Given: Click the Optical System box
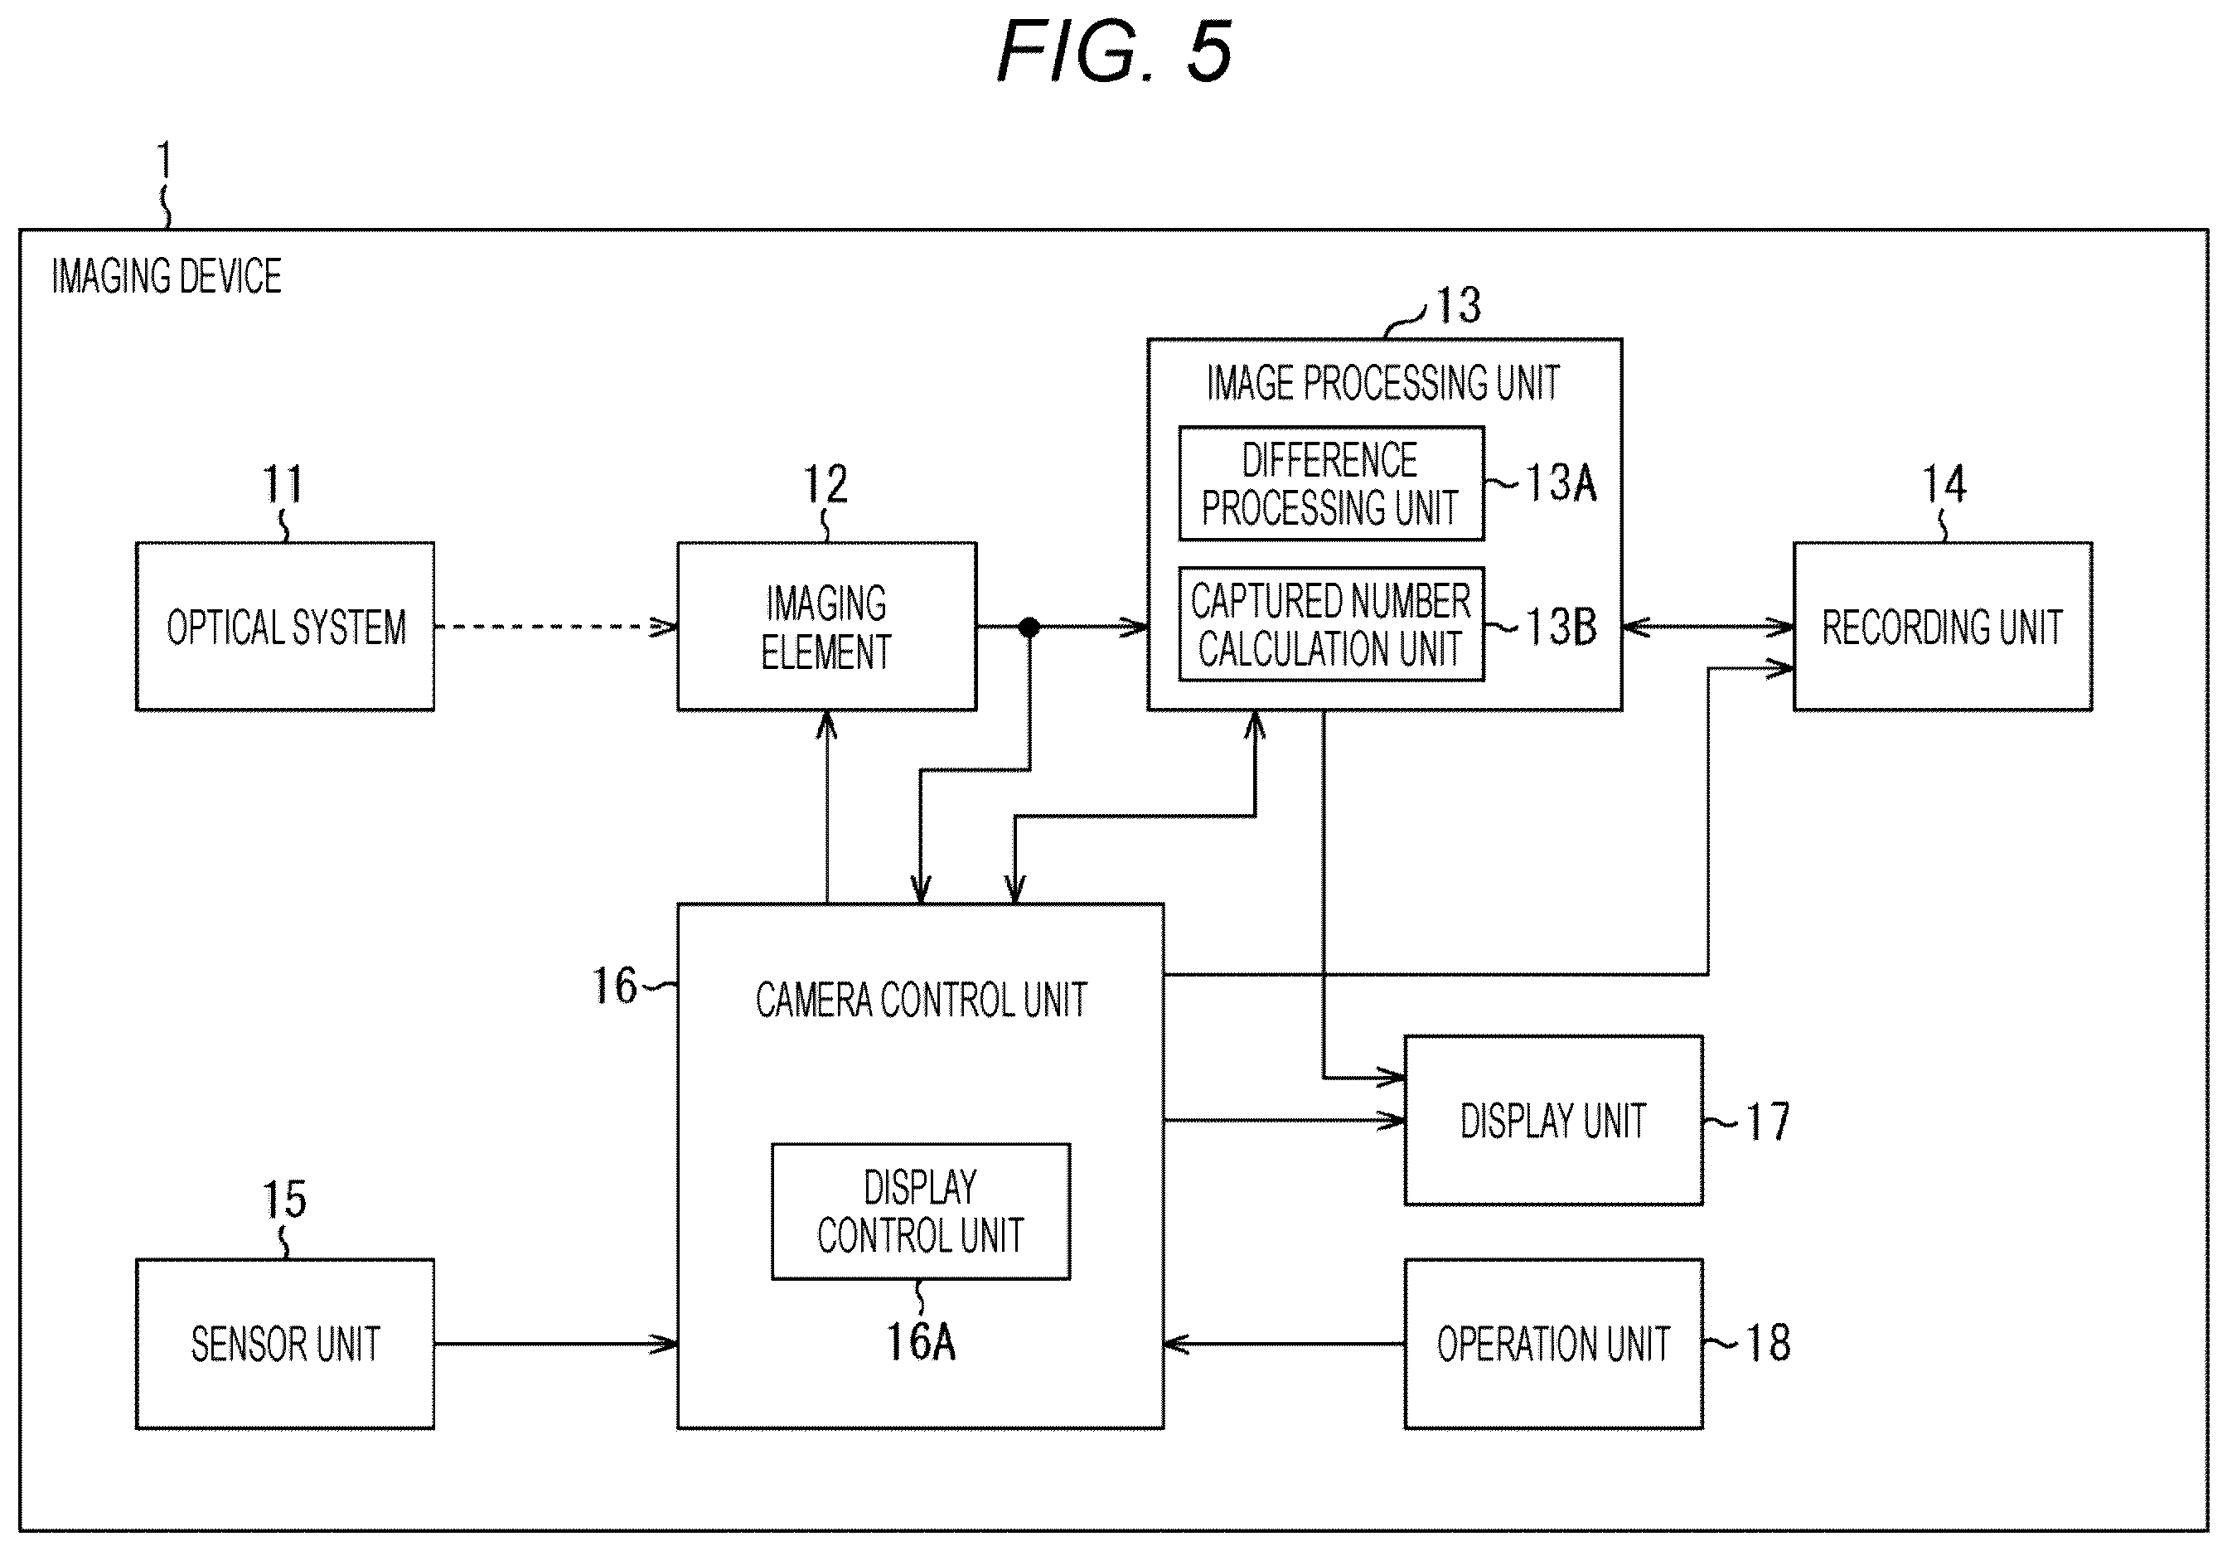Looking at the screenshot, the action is point(284,627).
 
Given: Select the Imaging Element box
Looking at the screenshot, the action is point(826,627).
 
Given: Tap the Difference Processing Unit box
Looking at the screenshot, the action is point(1331,483).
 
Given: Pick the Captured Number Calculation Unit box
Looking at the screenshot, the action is point(1331,623).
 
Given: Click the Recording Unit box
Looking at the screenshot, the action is point(1942,627).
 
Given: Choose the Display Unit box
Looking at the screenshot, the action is point(1553,1120).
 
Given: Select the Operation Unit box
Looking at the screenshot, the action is point(1553,1344).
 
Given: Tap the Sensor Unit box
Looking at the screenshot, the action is point(284,1344).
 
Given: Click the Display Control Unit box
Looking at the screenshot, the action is point(921,1211).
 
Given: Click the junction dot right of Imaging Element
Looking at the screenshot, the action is point(1029,627).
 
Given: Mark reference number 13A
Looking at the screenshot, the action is point(1561,483).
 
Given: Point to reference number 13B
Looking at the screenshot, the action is point(1561,627).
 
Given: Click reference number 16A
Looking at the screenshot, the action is point(921,1342).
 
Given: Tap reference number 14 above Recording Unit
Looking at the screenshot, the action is point(1944,483).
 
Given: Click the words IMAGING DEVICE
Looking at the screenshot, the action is point(167,276).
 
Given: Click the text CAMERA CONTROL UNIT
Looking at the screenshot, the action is point(921,1000).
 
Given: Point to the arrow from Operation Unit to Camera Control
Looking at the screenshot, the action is point(1283,1344).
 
